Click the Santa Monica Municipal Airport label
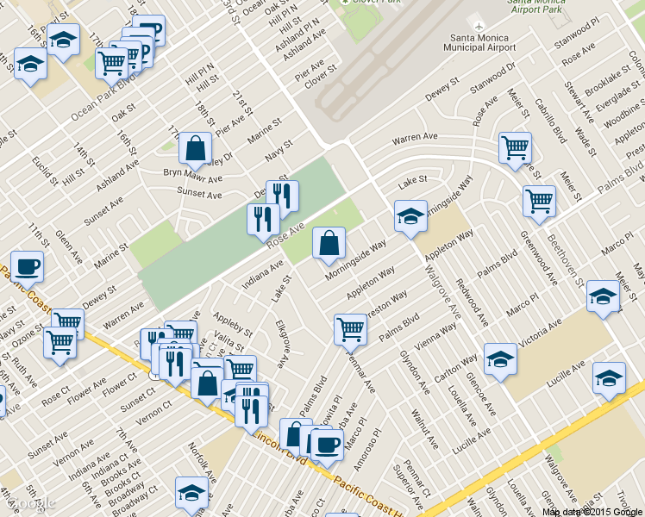483,42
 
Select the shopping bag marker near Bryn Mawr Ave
196,148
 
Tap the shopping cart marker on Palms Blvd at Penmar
350,328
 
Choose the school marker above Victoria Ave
603,296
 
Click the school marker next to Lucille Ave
609,378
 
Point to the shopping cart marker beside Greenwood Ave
539,201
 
